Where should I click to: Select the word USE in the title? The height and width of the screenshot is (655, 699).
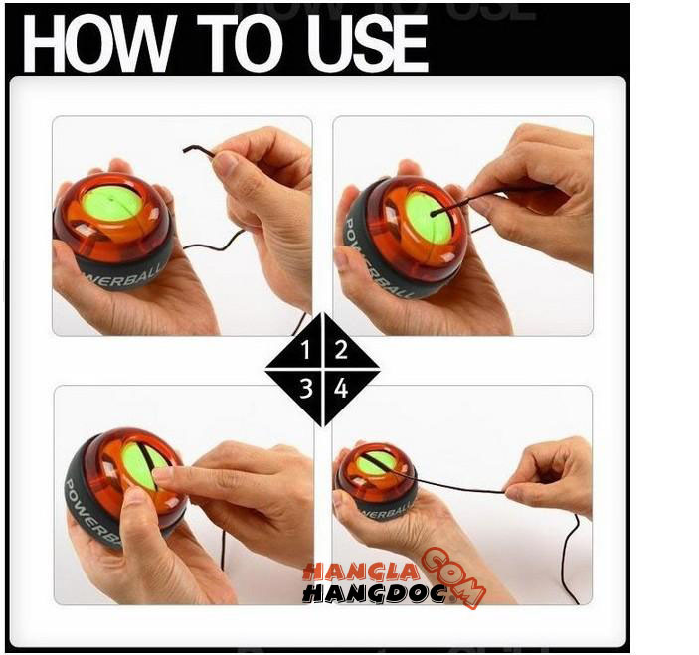click(x=367, y=43)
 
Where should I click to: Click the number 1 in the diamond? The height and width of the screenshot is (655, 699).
click(x=305, y=350)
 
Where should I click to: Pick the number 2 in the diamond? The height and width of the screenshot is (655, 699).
click(x=341, y=350)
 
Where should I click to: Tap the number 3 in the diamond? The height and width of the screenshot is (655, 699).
click(x=306, y=388)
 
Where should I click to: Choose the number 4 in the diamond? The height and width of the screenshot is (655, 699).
click(x=341, y=388)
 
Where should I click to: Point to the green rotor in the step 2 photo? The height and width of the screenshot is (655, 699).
click(x=429, y=219)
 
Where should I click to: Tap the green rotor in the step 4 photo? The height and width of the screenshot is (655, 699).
click(x=377, y=463)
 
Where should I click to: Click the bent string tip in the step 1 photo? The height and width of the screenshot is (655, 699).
click(x=185, y=150)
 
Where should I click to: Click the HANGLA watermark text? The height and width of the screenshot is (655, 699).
click(x=360, y=572)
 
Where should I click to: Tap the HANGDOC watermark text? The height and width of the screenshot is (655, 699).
click(x=375, y=594)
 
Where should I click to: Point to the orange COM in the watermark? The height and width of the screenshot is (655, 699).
click(x=453, y=577)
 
